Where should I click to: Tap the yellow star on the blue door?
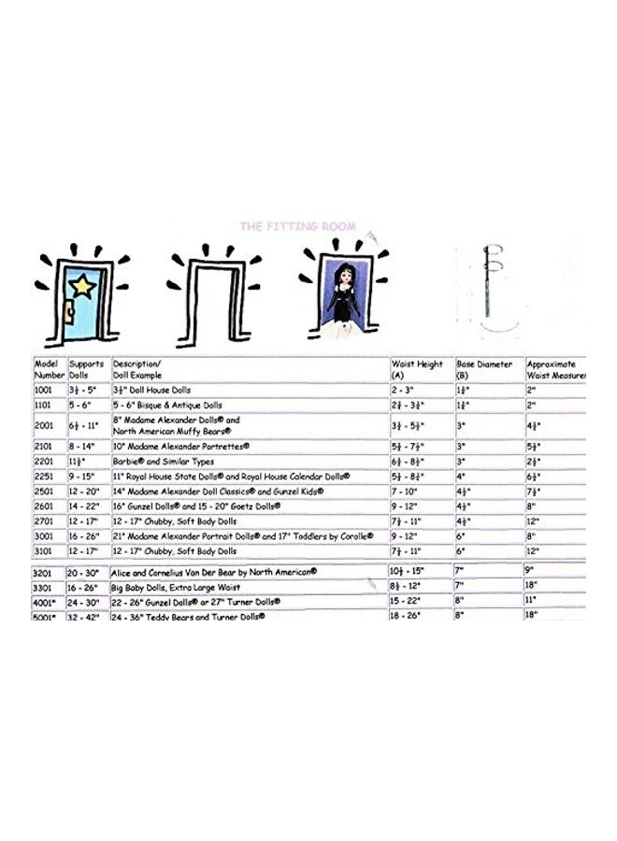tap(82, 286)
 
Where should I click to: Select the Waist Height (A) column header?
tap(417, 368)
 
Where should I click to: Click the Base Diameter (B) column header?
tap(486, 368)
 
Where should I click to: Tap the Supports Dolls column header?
tap(87, 368)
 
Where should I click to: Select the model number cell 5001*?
tap(47, 617)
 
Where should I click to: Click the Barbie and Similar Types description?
tap(165, 461)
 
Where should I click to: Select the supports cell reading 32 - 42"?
tap(86, 617)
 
